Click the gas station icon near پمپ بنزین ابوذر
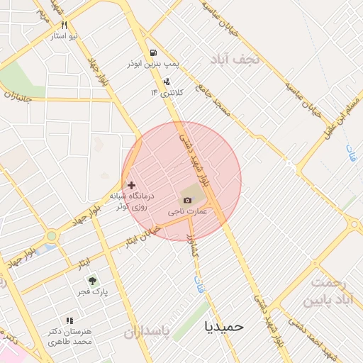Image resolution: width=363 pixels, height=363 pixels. tap(153, 52)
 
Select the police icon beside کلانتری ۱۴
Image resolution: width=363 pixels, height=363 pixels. tap(166, 82)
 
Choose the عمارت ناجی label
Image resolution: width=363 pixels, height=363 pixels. tap(187, 211)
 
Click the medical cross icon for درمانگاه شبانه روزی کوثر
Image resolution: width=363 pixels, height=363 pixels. tap(131, 184)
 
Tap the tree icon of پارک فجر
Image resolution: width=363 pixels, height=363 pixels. tap(92, 280)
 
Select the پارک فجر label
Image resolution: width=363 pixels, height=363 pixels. tap(92, 291)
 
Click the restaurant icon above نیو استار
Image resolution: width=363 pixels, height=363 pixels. tap(65, 23)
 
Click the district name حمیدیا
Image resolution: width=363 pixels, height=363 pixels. tap(223, 326)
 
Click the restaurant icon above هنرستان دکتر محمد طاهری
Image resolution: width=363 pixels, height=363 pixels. tap(69, 320)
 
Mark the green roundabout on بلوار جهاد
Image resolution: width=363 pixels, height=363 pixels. tap(51, 236)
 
